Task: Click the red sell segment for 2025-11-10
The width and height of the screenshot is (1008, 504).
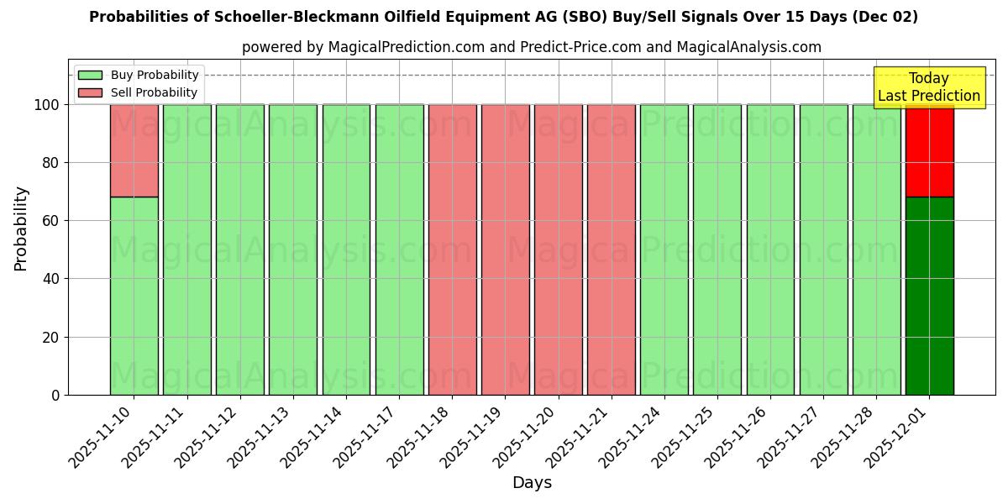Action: [x=134, y=150]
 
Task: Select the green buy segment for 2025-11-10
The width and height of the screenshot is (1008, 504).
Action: [x=134, y=296]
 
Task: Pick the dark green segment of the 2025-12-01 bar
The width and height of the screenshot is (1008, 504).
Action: [x=929, y=296]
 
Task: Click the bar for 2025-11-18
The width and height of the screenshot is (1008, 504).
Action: [x=452, y=249]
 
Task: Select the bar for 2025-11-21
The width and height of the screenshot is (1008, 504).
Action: [x=611, y=249]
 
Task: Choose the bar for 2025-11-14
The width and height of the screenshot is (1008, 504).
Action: [x=346, y=249]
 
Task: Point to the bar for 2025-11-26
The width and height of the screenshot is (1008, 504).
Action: [x=770, y=249]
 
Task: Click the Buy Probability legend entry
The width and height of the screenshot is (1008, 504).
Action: [x=155, y=75]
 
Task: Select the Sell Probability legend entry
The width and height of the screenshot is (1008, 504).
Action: [x=154, y=92]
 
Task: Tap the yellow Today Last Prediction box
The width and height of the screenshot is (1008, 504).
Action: [x=929, y=87]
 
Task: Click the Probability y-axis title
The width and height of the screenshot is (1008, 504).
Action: [x=21, y=228]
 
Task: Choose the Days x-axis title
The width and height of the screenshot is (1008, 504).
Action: [x=532, y=483]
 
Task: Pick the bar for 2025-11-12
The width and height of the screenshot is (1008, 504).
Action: [x=239, y=249]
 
